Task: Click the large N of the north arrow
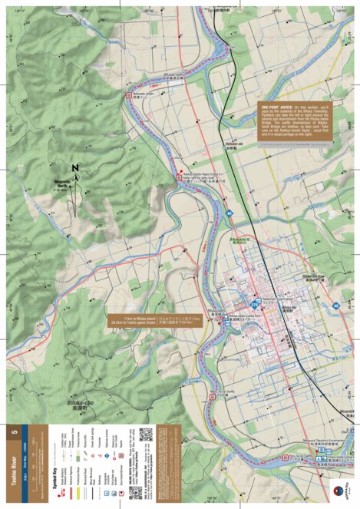tap(75, 167)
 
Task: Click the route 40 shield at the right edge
tap(335, 306)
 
